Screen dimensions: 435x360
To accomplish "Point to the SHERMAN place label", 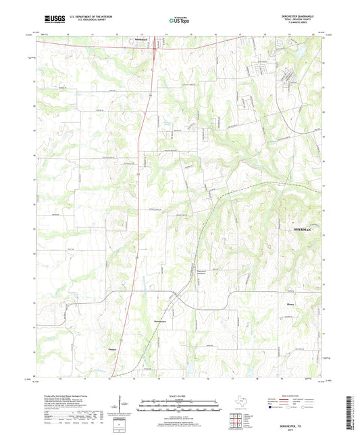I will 302,230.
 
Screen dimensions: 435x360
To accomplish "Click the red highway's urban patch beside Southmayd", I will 155,49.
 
